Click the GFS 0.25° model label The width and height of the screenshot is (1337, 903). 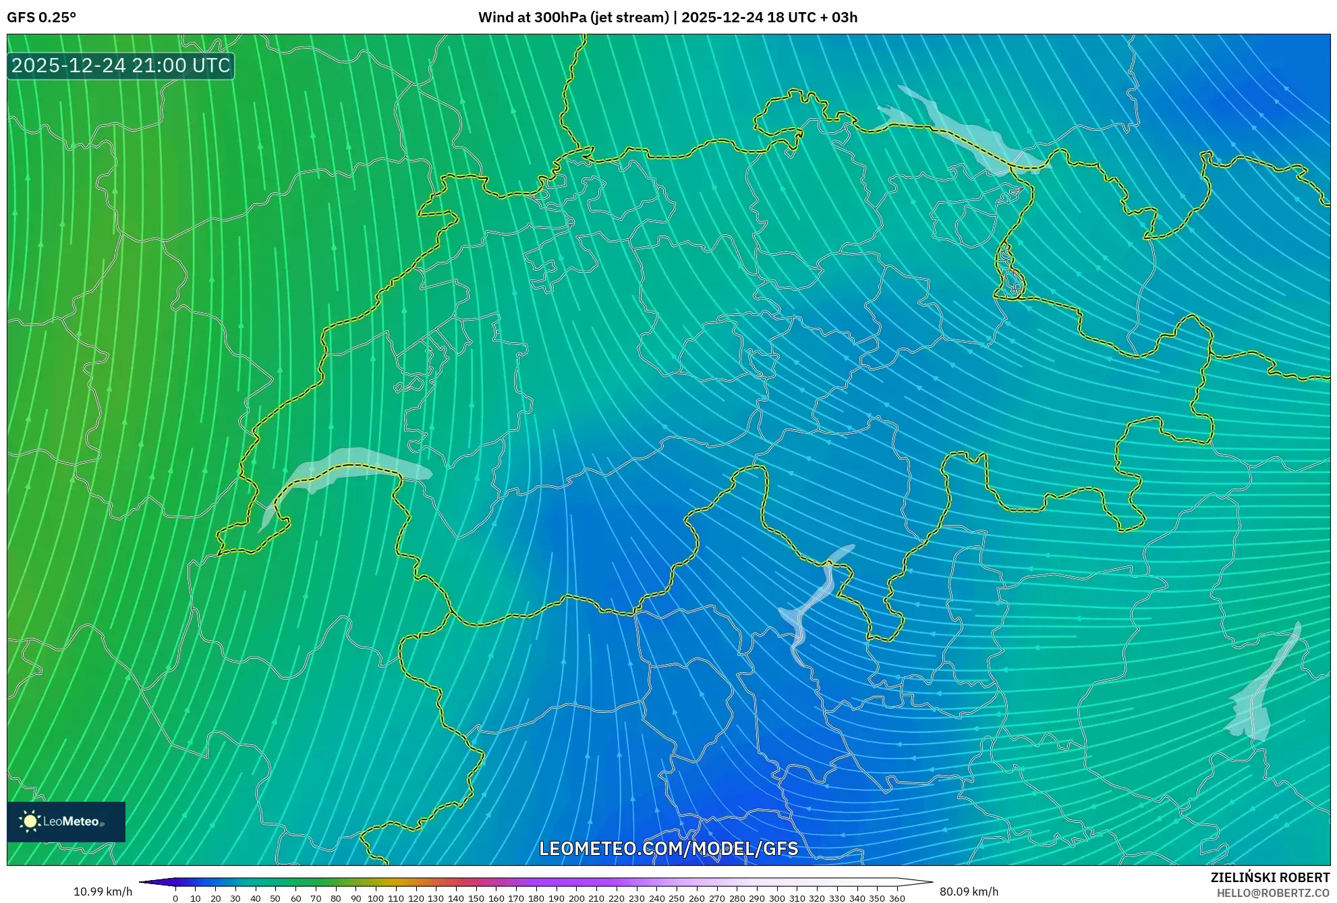[41, 18]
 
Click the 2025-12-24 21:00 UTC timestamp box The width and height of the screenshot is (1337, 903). [121, 66]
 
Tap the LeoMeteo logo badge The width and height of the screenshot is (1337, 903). [66, 821]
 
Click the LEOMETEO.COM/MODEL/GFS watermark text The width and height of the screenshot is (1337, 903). [668, 848]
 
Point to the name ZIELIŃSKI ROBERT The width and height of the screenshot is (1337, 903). [1270, 877]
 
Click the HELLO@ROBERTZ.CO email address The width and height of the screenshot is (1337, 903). [1273, 893]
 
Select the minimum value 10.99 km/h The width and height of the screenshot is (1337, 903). [103, 892]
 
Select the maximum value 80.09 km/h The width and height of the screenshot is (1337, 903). [969, 892]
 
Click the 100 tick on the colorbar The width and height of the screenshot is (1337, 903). [376, 898]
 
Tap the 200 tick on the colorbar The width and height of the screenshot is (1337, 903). [576, 898]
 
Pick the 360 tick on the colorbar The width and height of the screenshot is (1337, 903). [897, 898]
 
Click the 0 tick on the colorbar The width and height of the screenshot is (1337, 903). [175, 898]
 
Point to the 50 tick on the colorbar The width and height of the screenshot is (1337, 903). [275, 898]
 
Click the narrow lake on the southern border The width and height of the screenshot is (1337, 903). [813, 601]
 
